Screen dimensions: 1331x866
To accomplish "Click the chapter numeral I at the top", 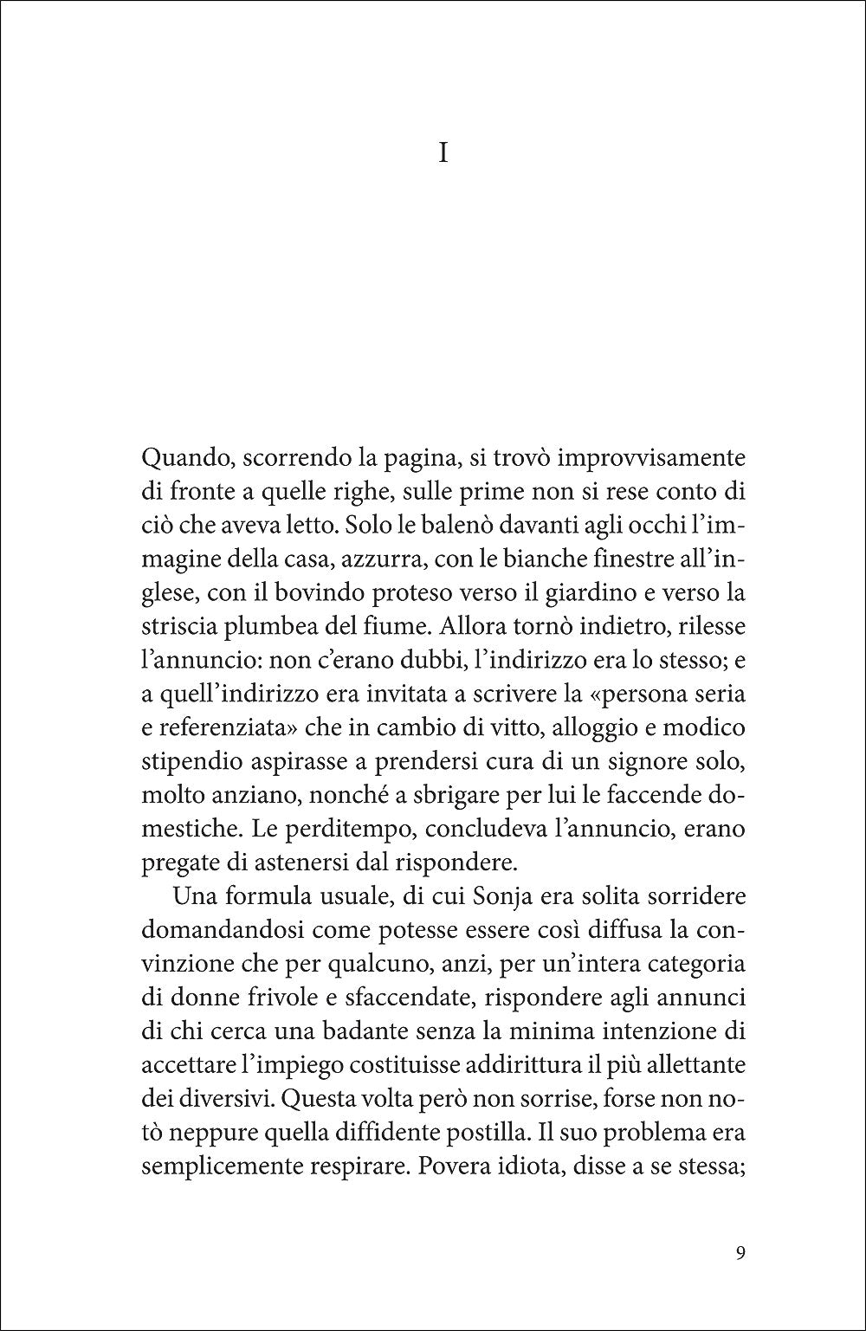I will click(x=443, y=154).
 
